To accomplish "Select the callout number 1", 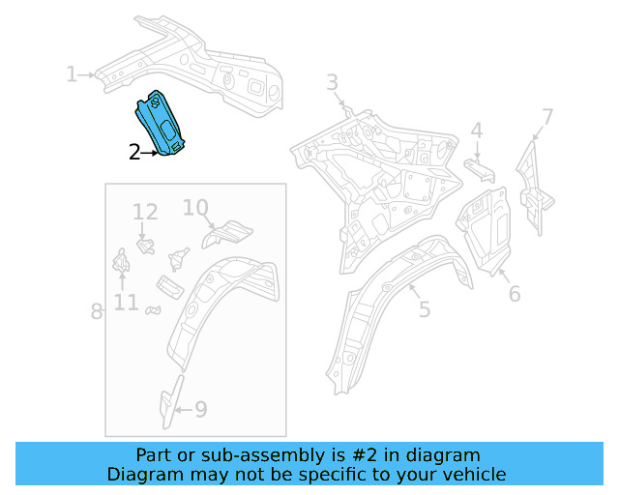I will click(71, 74).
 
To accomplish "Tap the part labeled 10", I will click(228, 232).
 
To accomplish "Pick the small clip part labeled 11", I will click(122, 261).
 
